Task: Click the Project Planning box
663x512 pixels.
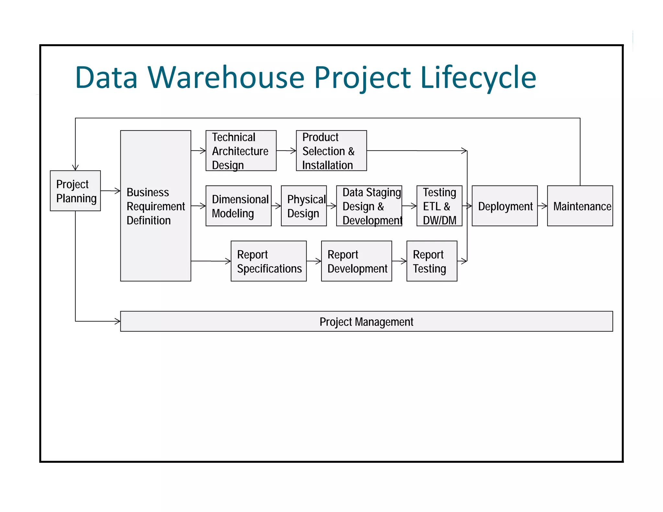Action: [75, 191]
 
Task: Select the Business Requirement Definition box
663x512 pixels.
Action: [155, 206]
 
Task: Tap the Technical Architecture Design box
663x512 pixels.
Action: [241, 151]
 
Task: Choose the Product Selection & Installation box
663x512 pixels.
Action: [331, 151]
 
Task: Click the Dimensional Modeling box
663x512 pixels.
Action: [238, 206]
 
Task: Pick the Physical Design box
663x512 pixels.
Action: [304, 206]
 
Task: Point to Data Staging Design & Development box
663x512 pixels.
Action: [369, 206]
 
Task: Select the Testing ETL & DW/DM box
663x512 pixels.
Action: [439, 206]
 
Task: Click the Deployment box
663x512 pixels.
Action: [504, 206]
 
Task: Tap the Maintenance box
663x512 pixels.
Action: [580, 206]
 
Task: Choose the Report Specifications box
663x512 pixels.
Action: [268, 261]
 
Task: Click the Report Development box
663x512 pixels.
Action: [356, 261]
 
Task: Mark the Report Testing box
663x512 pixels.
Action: [432, 261]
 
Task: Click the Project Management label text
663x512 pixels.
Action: [366, 322]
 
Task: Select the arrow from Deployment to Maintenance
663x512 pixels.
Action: [542, 206]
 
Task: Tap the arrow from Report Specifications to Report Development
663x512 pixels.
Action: [314, 261]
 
